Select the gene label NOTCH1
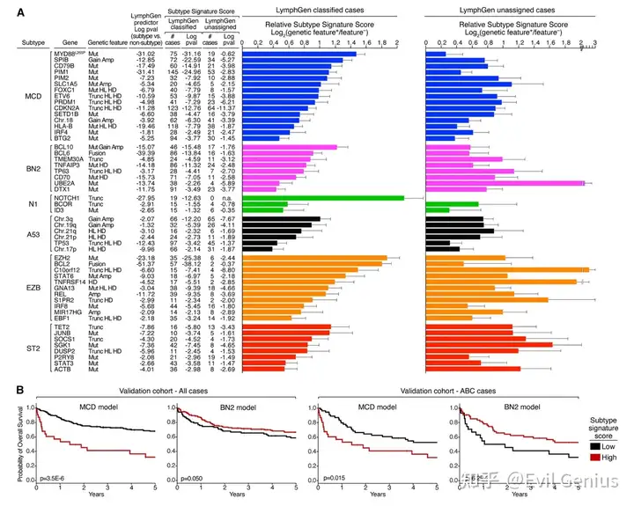pyautogui.click(x=65, y=199)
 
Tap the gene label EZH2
pyautogui.click(x=63, y=256)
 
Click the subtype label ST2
pyautogui.click(x=23, y=324)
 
